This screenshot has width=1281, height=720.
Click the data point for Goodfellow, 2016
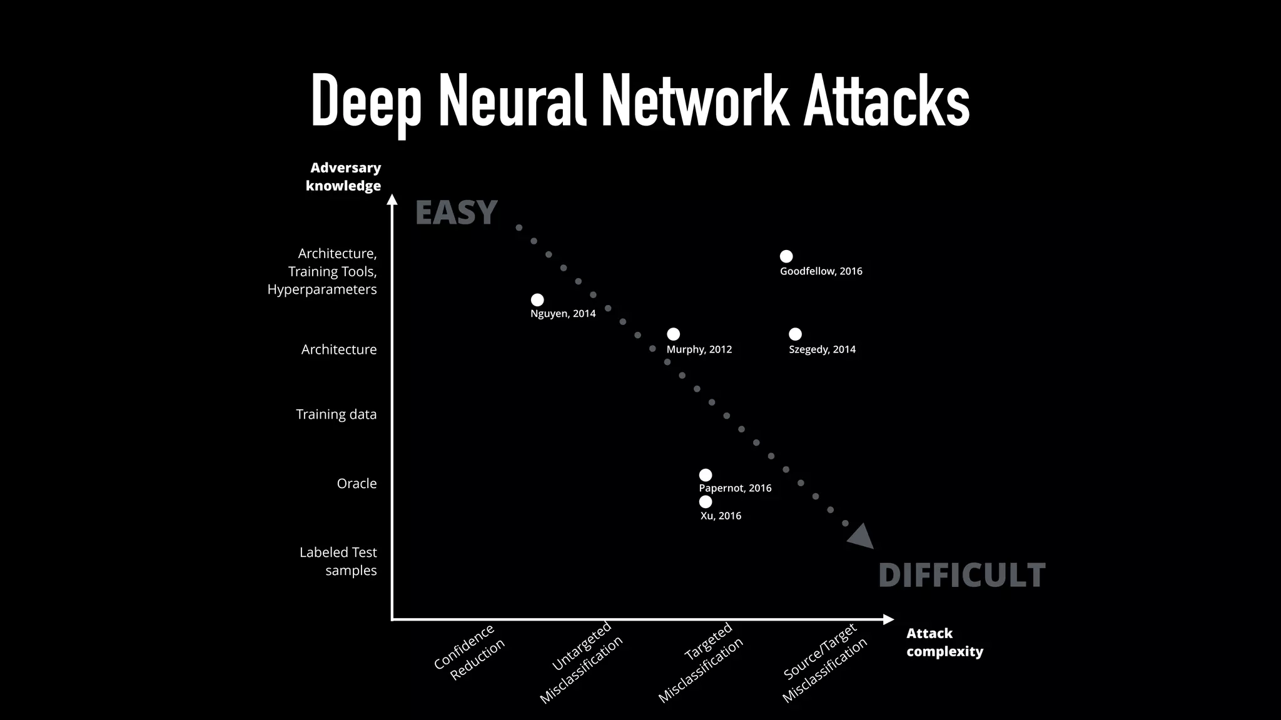pos(786,256)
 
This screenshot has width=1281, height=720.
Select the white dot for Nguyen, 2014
pos(537,300)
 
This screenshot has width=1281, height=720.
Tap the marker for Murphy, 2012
pos(673,334)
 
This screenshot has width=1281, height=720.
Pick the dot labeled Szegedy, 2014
pos(795,334)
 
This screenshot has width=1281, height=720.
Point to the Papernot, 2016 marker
pos(706,475)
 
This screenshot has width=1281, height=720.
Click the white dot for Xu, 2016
pos(706,502)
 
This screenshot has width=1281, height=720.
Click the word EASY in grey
pos(456,213)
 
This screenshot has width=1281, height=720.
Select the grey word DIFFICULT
pos(961,576)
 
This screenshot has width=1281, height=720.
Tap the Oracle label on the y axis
pos(357,484)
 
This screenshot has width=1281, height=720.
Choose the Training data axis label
pos(336,414)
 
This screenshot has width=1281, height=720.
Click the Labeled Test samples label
pos(338,561)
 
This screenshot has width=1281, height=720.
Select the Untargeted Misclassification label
pos(582,662)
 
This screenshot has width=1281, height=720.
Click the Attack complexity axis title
pos(944,642)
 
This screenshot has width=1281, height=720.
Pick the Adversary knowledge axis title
pos(343,177)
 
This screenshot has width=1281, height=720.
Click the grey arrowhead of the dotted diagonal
pos(861,537)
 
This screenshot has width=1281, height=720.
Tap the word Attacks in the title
pos(886,101)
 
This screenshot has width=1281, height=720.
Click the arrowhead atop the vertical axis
pos(392,199)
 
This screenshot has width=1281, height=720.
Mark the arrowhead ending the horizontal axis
pos(888,619)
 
